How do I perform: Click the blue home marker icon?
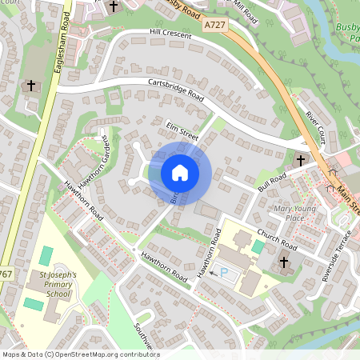(x=180, y=171)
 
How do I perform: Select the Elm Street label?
(x=182, y=129)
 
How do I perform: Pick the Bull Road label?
(x=272, y=182)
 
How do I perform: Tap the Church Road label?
(x=277, y=238)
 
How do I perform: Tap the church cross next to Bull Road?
(x=301, y=161)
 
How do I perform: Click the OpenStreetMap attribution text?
(x=78, y=354)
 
